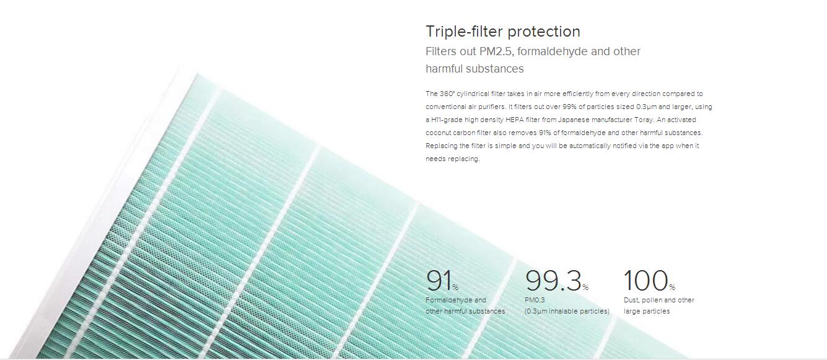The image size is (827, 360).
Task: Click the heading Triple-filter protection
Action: tap(503, 32)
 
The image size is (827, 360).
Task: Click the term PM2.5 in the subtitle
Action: tap(496, 51)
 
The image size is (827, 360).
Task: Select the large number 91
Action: tap(439, 280)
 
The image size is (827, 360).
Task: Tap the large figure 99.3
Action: tap(553, 280)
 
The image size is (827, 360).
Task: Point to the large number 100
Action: tap(646, 280)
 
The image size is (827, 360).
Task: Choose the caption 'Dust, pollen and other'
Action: tap(659, 300)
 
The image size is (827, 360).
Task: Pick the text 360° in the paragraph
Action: tap(447, 94)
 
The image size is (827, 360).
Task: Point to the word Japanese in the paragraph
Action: tap(574, 120)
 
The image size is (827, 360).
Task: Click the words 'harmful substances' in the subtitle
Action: tap(475, 69)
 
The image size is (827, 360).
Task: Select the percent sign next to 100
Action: tap(672, 288)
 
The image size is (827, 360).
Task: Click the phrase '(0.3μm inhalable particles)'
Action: tap(567, 311)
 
